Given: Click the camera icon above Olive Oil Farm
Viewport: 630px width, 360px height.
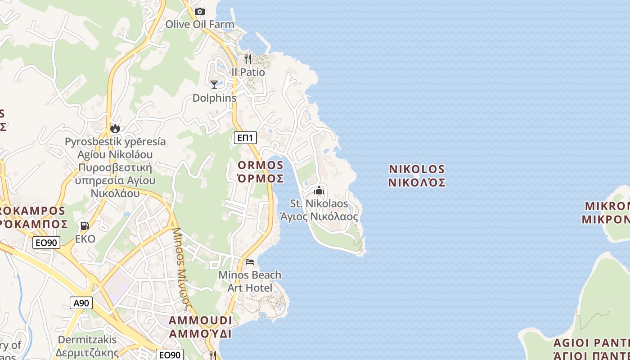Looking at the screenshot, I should (199, 11).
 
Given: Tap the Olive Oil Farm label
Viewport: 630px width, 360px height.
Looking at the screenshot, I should (199, 24).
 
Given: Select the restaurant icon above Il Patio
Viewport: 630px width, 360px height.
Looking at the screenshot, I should (248, 58).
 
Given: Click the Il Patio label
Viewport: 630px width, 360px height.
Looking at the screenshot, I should (248, 72).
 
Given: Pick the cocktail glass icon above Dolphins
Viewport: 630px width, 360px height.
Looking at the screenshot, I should (214, 84).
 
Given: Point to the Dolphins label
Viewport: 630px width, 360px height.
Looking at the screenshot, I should (214, 98).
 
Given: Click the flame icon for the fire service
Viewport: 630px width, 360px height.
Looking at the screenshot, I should (115, 128).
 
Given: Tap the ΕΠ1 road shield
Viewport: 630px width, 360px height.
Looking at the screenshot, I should (246, 138).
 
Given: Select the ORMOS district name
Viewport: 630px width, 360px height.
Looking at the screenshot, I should (261, 165).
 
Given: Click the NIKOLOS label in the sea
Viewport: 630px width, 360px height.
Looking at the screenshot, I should (417, 170).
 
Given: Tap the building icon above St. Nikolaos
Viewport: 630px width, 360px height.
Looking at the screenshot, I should (319, 190).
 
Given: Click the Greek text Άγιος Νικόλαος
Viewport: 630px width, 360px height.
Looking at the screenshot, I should (319, 216).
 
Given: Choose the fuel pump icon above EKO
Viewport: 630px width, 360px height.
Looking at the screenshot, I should (85, 225).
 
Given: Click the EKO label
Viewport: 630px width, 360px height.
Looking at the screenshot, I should (85, 238).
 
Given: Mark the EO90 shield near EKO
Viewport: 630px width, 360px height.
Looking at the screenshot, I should (46, 243).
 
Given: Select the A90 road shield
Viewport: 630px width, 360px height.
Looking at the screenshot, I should (81, 303).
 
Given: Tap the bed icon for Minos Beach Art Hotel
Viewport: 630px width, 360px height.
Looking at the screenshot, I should (250, 261).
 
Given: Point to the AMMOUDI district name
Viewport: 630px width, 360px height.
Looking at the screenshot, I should (200, 321).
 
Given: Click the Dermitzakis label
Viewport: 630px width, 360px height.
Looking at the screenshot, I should (87, 340).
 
